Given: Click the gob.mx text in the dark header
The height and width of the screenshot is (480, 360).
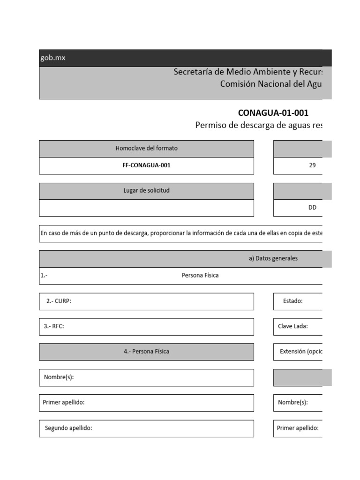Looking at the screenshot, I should pos(52,58).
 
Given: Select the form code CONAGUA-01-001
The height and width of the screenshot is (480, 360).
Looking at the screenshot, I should pos(273,113).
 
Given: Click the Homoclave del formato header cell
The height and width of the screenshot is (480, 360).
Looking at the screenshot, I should pos(146,149).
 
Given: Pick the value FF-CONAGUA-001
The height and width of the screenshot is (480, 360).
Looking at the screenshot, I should pos(146,165).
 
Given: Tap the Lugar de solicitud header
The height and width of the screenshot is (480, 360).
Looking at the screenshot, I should pos(146,191).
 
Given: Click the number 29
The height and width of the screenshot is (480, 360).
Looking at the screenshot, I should pos(312,165).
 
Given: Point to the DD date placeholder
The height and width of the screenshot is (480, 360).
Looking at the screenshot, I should pos(312,208).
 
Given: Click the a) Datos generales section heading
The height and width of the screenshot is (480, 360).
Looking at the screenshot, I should pos(273,258).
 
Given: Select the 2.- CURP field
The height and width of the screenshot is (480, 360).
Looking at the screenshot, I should pos(146,301).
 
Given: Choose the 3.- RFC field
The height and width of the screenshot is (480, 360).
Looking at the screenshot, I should pos(146,327).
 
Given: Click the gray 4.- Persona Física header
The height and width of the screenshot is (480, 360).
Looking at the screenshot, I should pos(146,352).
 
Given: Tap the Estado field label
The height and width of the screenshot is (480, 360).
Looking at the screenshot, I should pos(292,301).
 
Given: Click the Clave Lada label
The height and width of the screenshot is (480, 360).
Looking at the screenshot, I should pos(292,327).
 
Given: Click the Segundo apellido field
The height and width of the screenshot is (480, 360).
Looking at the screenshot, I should pos(146,428).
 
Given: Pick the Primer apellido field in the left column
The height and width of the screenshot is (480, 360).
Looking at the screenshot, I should pos(146,403).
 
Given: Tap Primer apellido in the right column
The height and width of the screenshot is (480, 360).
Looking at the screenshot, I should pos(298,428).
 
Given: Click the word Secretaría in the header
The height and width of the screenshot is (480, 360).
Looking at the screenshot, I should pos(194,72).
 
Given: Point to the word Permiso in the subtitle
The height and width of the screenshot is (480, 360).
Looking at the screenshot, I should pos(210,126).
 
